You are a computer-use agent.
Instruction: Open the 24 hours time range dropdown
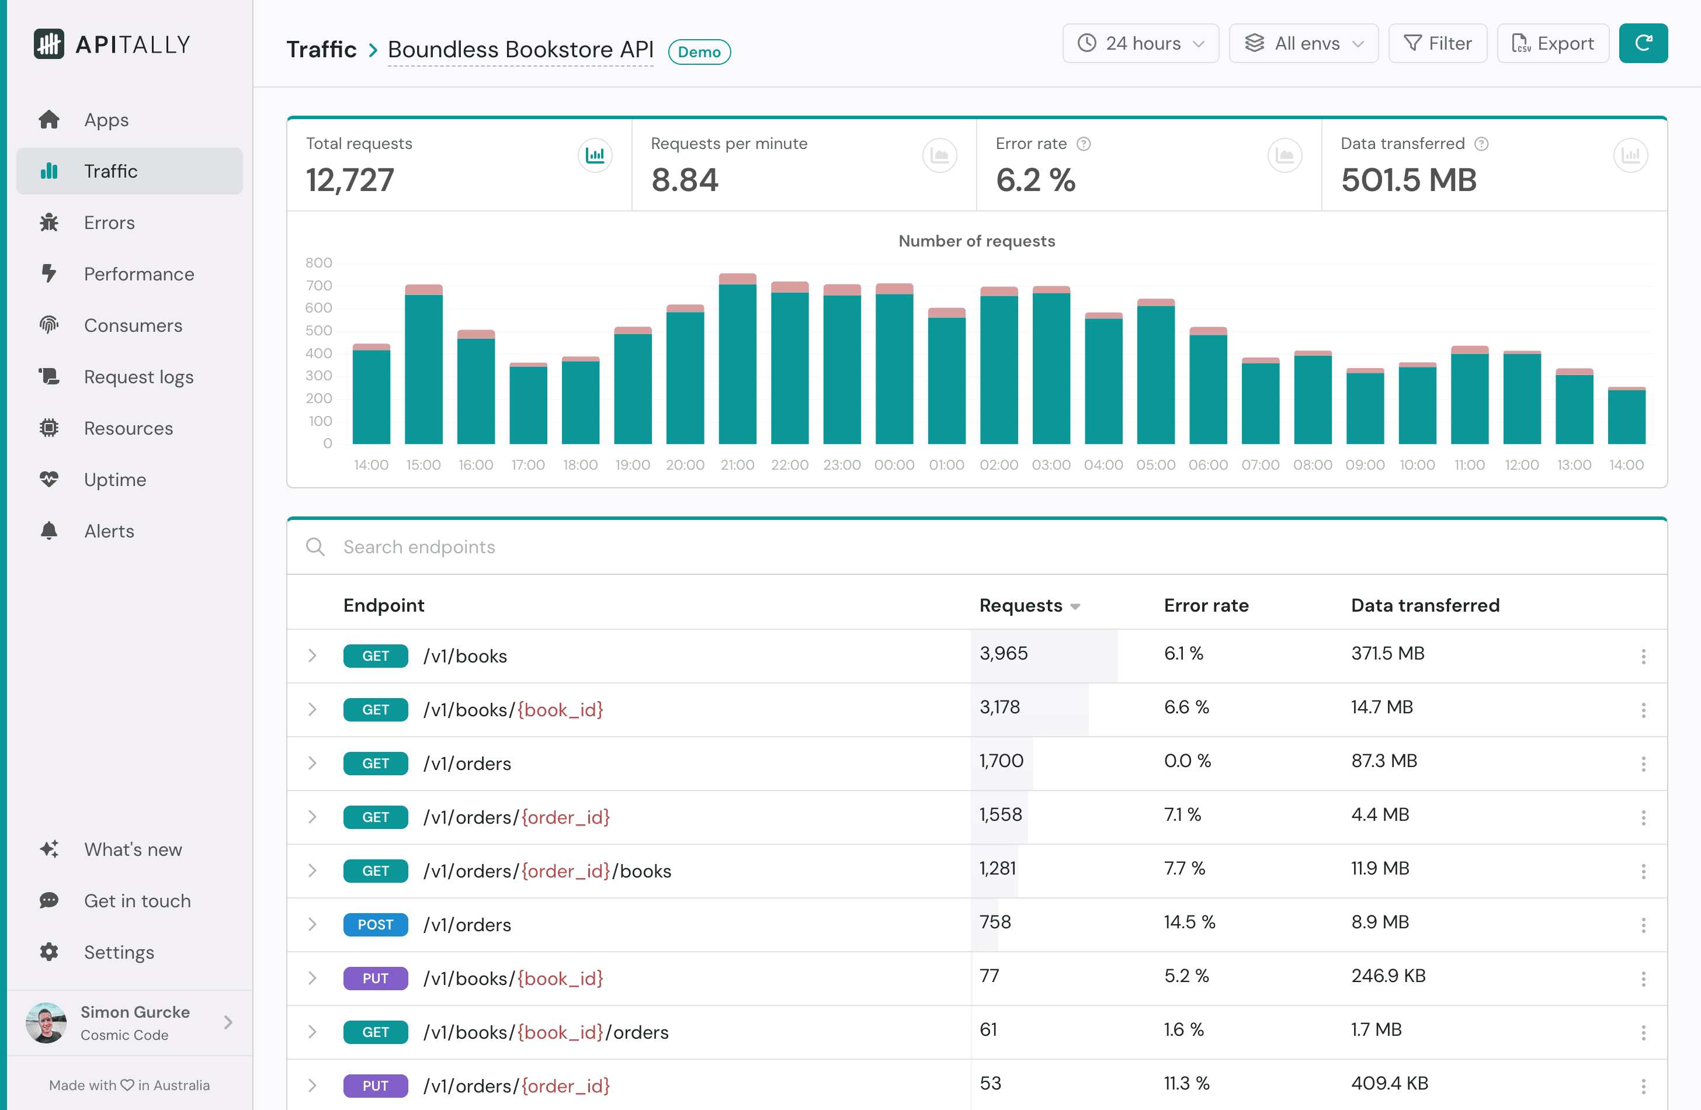(x=1140, y=44)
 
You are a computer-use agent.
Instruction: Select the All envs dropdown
(x=1303, y=44)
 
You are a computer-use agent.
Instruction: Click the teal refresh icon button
(x=1643, y=44)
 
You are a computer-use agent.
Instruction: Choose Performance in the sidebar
(x=138, y=274)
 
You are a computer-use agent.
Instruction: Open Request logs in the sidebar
(x=138, y=377)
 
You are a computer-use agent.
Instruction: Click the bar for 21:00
(x=737, y=361)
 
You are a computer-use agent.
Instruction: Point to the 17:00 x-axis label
(x=527, y=465)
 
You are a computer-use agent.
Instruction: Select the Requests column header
(x=1020, y=605)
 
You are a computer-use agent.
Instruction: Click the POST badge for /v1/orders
(x=375, y=924)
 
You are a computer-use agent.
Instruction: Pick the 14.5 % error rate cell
(x=1189, y=922)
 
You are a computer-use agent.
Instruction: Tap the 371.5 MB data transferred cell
(x=1387, y=653)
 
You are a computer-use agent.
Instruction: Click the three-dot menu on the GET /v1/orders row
(x=1643, y=764)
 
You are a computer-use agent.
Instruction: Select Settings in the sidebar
(x=119, y=952)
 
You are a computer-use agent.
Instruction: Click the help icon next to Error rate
(x=1084, y=144)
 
